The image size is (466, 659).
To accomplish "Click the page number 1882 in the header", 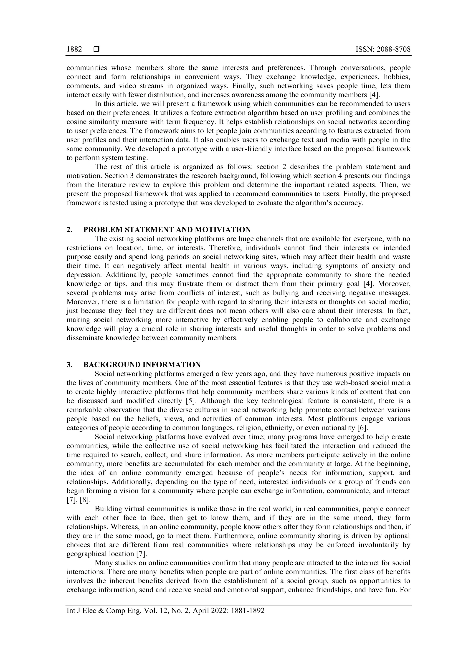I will [x=74, y=49].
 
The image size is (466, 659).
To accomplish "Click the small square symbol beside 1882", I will [x=96, y=49].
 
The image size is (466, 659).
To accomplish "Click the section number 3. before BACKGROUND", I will [x=69, y=364].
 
